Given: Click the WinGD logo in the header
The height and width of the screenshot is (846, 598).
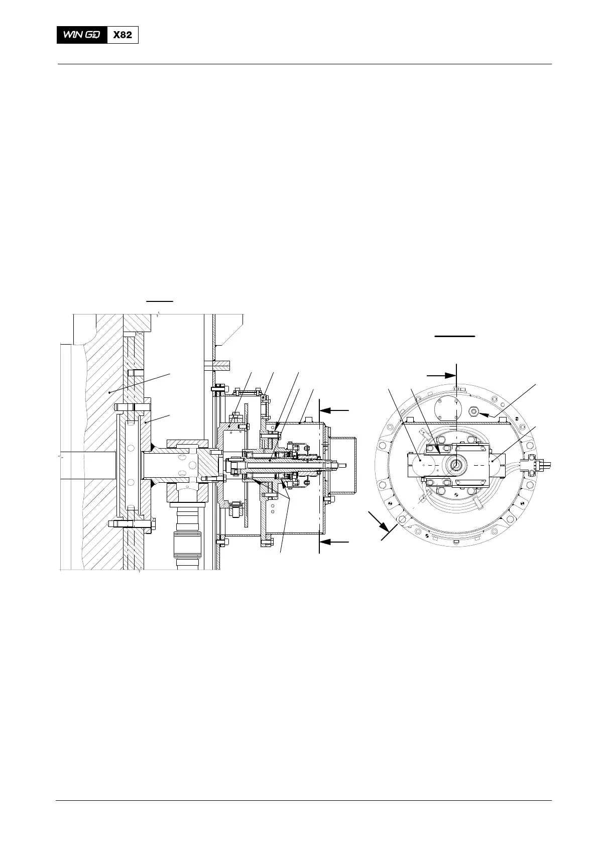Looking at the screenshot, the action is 82,35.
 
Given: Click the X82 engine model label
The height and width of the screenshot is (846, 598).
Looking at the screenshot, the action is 123,35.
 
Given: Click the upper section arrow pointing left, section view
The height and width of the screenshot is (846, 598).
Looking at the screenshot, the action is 334,410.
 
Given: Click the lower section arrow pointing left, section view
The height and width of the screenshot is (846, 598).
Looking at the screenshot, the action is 334,542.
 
